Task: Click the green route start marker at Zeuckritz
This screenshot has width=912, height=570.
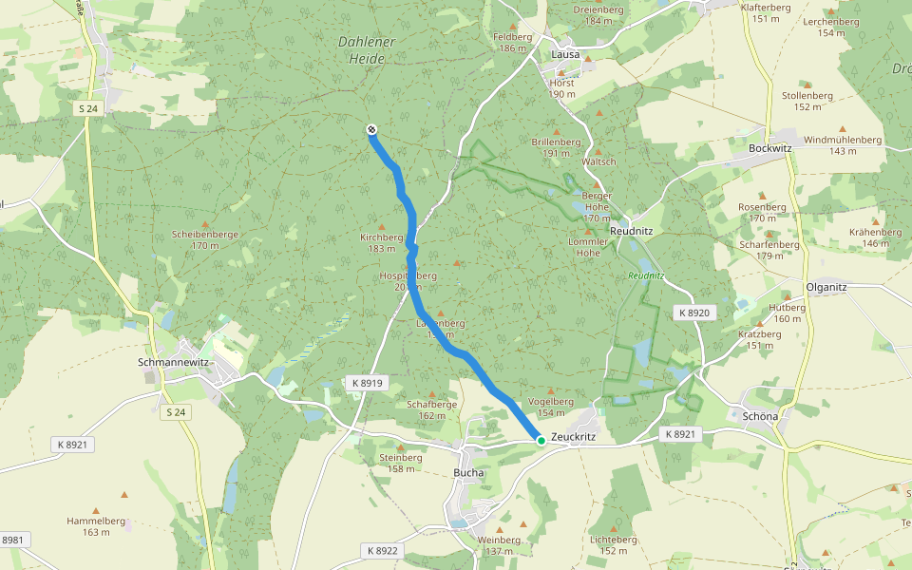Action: (541, 440)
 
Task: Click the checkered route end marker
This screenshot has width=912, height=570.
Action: (371, 130)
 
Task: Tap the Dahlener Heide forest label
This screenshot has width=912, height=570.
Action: (362, 50)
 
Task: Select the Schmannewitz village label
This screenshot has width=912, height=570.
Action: (175, 362)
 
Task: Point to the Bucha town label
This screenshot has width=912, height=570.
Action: (468, 472)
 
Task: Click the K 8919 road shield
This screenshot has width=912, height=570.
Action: (366, 383)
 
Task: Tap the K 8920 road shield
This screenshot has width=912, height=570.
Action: (693, 313)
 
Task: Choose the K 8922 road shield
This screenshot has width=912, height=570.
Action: (382, 550)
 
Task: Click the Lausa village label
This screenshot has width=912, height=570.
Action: (566, 54)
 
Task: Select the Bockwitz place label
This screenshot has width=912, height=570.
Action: (770, 149)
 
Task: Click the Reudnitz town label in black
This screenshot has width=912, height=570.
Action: (630, 231)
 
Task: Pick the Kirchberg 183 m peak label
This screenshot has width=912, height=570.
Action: (382, 242)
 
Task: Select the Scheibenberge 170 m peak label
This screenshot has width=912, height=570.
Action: (204, 239)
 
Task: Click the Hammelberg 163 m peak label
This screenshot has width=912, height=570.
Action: (96, 526)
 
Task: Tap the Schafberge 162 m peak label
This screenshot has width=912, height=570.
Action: (432, 408)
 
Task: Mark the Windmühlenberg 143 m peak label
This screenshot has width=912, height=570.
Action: (842, 144)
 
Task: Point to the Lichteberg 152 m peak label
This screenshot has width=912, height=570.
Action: (614, 544)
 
